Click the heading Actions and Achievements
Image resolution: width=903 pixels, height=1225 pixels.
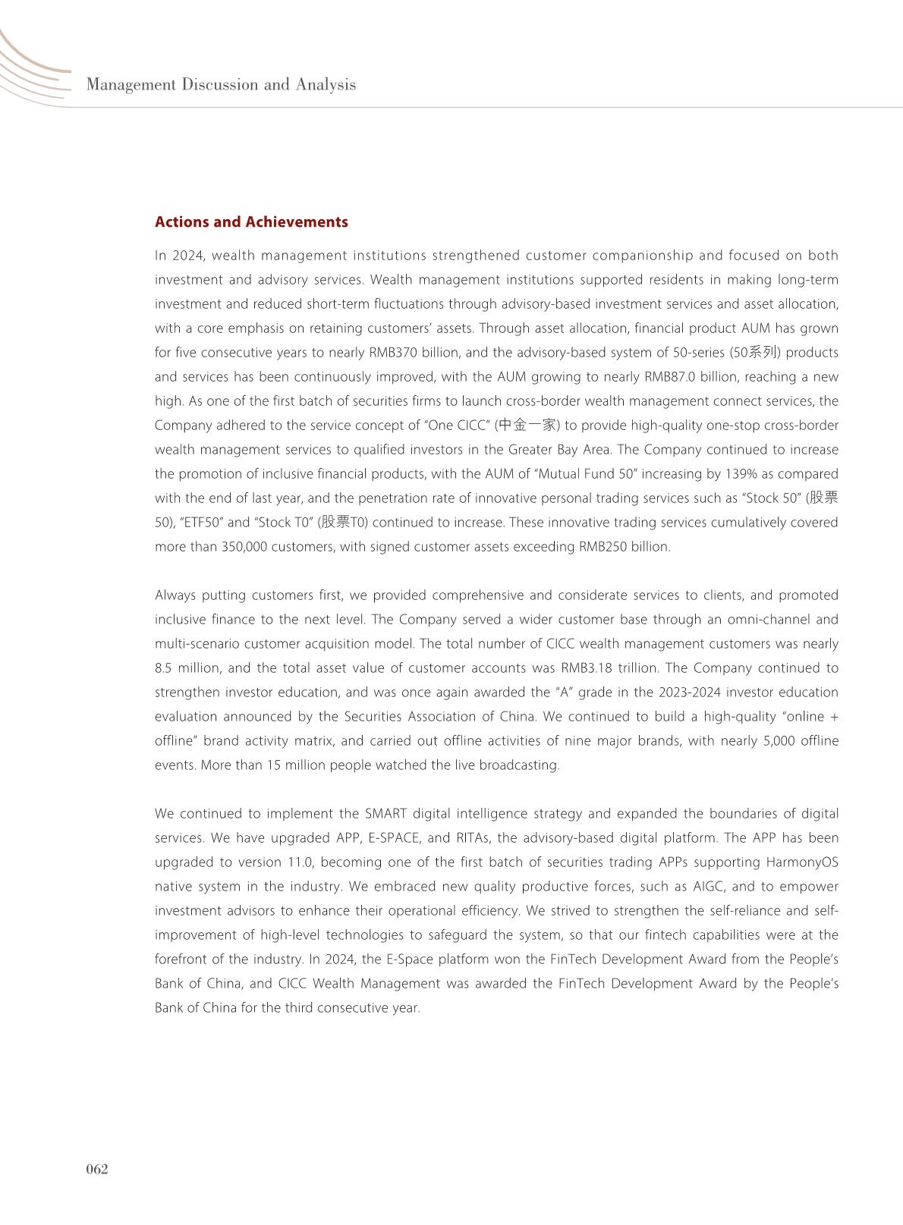point(251,222)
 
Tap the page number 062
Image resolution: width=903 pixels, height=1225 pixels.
point(96,1169)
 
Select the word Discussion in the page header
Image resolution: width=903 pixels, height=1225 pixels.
point(221,84)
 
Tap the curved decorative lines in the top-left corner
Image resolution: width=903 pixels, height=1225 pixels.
point(30,68)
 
